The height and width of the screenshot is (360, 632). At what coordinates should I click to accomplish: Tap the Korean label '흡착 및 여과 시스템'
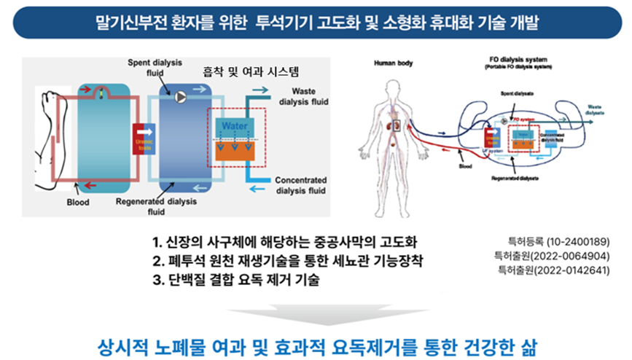click(249, 71)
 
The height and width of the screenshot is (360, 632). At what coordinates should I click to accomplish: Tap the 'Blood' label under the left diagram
click(77, 202)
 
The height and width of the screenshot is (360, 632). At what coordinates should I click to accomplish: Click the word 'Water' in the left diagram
click(234, 125)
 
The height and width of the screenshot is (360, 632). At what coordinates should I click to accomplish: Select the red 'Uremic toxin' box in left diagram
click(141, 138)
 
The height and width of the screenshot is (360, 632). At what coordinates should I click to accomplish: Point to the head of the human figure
click(394, 82)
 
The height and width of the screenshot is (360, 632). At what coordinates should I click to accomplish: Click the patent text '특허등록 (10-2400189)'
click(558, 240)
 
